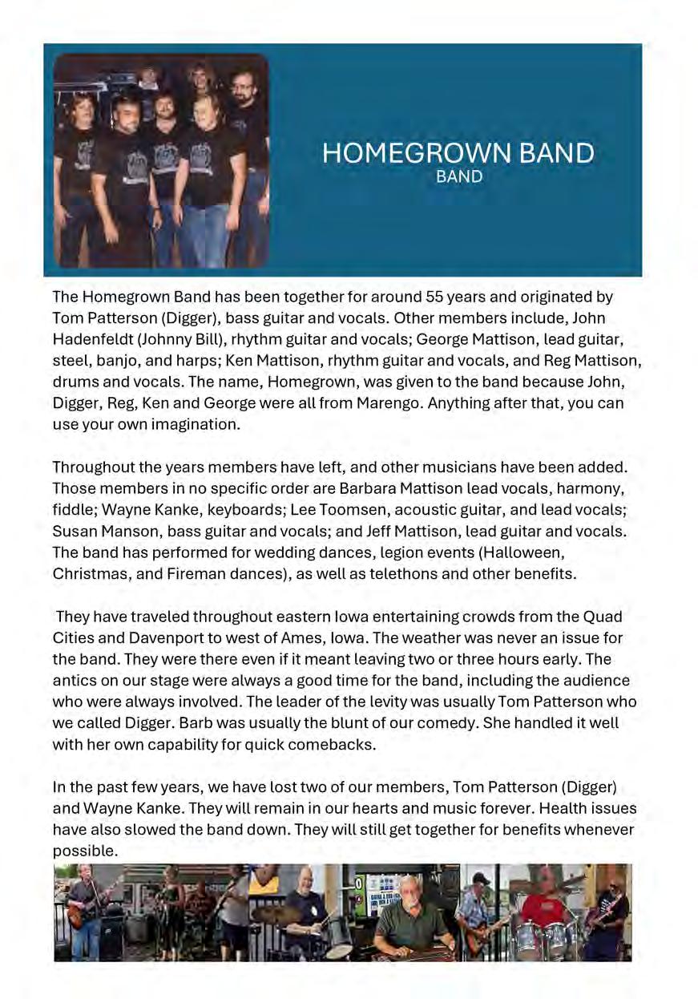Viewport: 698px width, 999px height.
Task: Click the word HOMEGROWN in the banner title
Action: point(397,154)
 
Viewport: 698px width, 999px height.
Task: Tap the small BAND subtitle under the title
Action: point(459,176)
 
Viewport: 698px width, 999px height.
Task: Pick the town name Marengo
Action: point(380,402)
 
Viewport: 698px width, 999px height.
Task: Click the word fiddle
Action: point(71,509)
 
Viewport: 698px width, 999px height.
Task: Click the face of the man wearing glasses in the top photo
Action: point(243,83)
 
